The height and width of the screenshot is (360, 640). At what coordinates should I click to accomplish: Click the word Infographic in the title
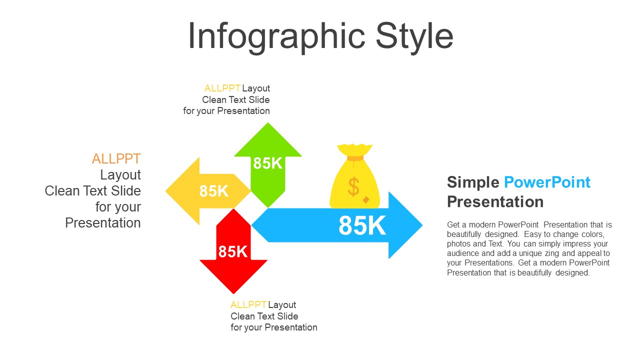[276, 37]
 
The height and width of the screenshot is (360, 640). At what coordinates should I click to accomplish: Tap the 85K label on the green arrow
[267, 163]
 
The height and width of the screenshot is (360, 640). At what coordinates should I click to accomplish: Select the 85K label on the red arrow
[233, 251]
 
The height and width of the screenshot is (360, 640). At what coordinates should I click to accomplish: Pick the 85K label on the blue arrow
[362, 225]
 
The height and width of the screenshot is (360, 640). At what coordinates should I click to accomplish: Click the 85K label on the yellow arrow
[214, 191]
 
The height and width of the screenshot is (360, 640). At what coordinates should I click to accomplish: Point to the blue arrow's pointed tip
[422, 225]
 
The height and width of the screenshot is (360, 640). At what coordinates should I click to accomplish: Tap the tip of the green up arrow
[267, 123]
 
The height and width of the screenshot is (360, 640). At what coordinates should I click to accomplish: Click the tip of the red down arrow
[233, 293]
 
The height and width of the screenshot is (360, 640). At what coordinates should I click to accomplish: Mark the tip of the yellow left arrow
[166, 191]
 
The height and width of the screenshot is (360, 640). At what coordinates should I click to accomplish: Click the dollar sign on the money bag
[353, 186]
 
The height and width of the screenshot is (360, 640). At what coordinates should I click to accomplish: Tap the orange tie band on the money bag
[355, 158]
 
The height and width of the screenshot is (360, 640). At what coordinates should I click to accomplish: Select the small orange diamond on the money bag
[366, 199]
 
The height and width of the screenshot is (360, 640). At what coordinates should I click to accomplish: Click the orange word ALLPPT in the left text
[116, 159]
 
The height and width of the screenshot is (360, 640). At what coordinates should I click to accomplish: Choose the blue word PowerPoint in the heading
[547, 182]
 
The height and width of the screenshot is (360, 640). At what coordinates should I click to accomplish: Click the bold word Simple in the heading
[473, 182]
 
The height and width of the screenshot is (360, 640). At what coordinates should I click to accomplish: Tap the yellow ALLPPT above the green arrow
[222, 88]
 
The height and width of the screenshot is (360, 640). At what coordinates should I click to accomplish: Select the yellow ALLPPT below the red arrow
[248, 305]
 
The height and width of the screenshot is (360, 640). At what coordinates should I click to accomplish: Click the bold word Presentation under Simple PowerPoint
[495, 201]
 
